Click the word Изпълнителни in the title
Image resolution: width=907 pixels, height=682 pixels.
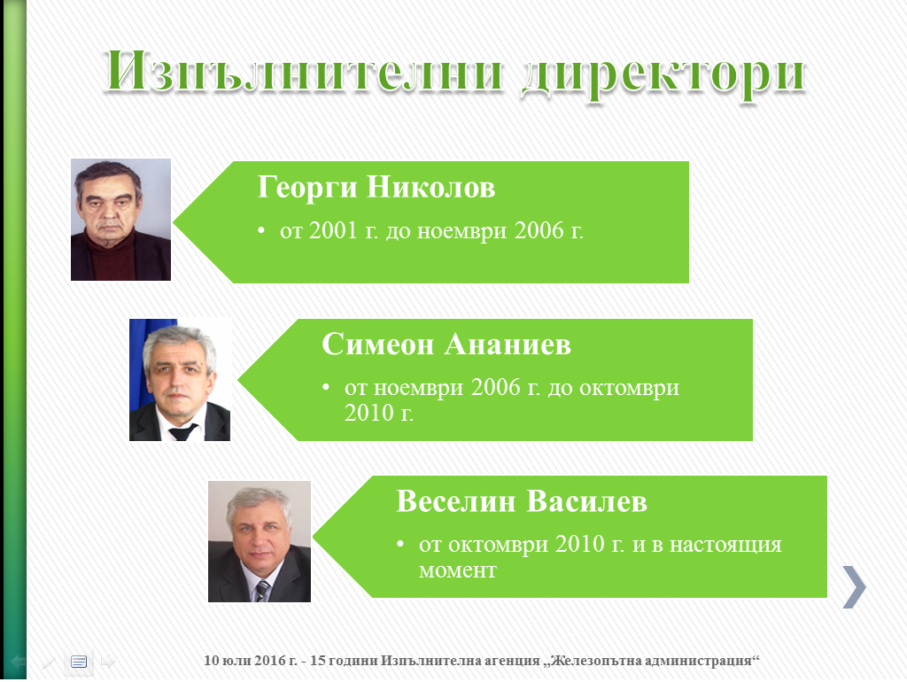coord(305,72)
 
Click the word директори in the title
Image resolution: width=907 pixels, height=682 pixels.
coord(663,76)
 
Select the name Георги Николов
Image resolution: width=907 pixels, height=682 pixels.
coord(376,188)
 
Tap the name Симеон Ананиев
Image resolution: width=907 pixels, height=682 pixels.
coord(446,345)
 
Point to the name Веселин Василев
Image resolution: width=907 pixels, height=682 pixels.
coord(521,501)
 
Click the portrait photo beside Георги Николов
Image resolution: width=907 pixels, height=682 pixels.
coord(120,220)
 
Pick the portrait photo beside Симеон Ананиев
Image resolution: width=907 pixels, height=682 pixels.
coord(180,379)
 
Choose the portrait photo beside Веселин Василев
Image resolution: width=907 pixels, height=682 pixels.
coord(260,541)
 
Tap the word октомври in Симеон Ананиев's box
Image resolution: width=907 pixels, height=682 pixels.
coord(630,388)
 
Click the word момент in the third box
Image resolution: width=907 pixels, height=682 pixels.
coord(458,570)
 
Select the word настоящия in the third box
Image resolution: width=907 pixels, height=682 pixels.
coord(725,545)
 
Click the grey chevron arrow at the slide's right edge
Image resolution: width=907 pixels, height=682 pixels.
coord(855,586)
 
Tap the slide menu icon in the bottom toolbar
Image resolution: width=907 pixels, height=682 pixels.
coord(79,661)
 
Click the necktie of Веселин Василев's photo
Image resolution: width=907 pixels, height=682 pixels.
coord(262,591)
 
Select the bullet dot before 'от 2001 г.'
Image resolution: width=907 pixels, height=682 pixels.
coord(261,231)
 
